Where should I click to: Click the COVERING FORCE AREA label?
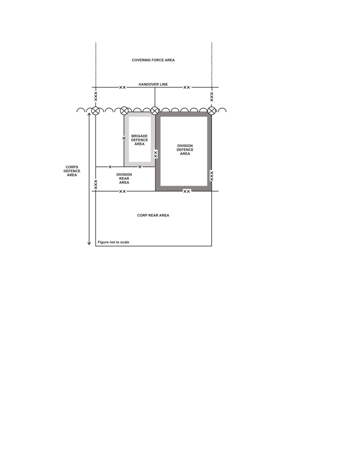[x=153, y=60]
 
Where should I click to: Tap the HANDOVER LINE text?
[x=153, y=84]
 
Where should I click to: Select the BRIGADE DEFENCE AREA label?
[x=139, y=140]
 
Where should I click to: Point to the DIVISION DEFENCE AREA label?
[x=185, y=150]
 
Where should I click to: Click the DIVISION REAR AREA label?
[x=124, y=178]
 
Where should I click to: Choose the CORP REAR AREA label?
[x=153, y=215]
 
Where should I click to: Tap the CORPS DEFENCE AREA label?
[x=72, y=171]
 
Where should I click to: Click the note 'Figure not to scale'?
[x=114, y=242]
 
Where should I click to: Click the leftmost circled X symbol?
[x=96, y=111]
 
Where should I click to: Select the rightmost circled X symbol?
[x=212, y=111]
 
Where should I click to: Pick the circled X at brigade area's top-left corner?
[x=124, y=111]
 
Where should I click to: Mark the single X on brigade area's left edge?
[x=124, y=138]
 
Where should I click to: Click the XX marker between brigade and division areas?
[x=156, y=154]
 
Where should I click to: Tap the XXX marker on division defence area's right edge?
[x=212, y=176]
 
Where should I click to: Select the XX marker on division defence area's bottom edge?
[x=187, y=191]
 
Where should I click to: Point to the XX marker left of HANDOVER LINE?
[x=123, y=88]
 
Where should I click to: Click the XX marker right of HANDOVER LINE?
[x=187, y=88]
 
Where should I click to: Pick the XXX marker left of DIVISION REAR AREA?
[x=96, y=184]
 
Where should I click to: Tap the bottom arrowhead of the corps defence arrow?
[x=89, y=243]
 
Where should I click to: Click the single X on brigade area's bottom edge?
[x=140, y=167]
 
